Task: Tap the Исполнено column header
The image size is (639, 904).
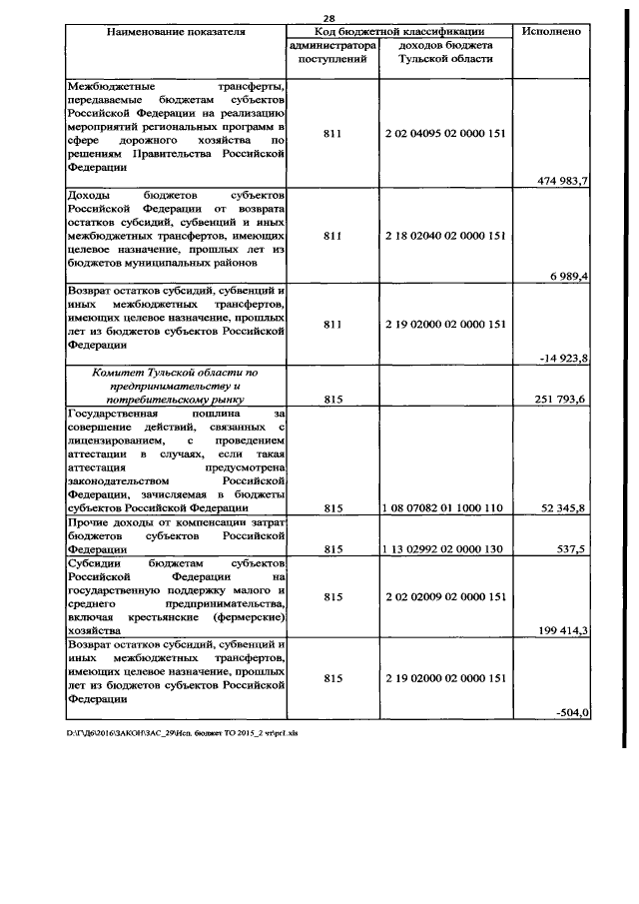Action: point(552,32)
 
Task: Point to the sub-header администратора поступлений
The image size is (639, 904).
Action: point(332,53)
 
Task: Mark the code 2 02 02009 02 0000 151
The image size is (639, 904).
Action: point(445,596)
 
